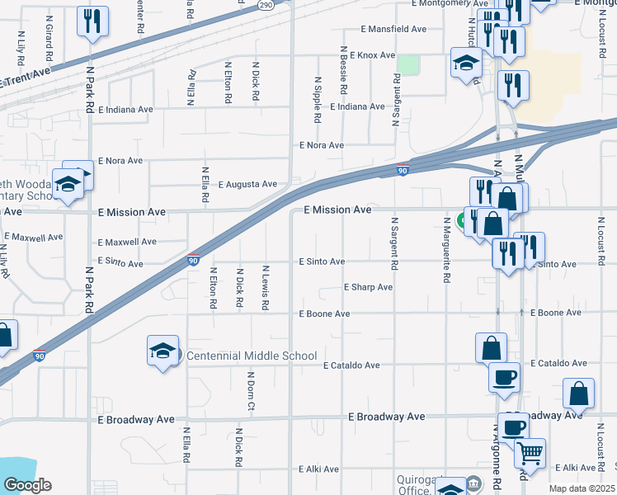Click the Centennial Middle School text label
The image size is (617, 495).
pos(252,356)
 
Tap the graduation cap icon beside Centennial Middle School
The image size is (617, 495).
pos(162,351)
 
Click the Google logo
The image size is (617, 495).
pos(27,485)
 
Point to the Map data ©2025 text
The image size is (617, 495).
pos(582,488)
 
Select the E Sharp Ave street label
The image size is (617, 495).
pos(368,288)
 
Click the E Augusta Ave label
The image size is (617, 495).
pos(247,184)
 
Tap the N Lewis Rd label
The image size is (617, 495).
pos(266,287)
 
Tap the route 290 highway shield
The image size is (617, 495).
pos(265,5)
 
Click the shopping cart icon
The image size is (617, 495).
pos(530,453)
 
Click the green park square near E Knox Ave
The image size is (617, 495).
pos(408,64)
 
